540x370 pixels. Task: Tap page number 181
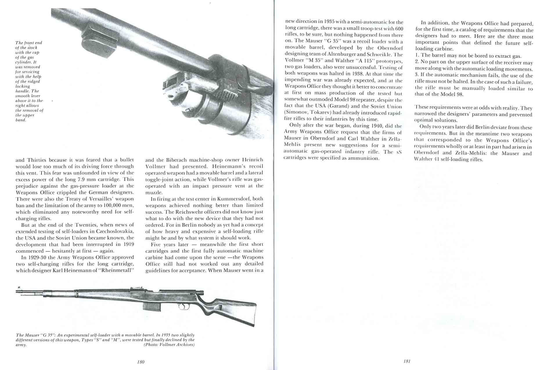tap(407, 361)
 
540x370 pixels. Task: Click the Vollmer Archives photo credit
tap(169, 345)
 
